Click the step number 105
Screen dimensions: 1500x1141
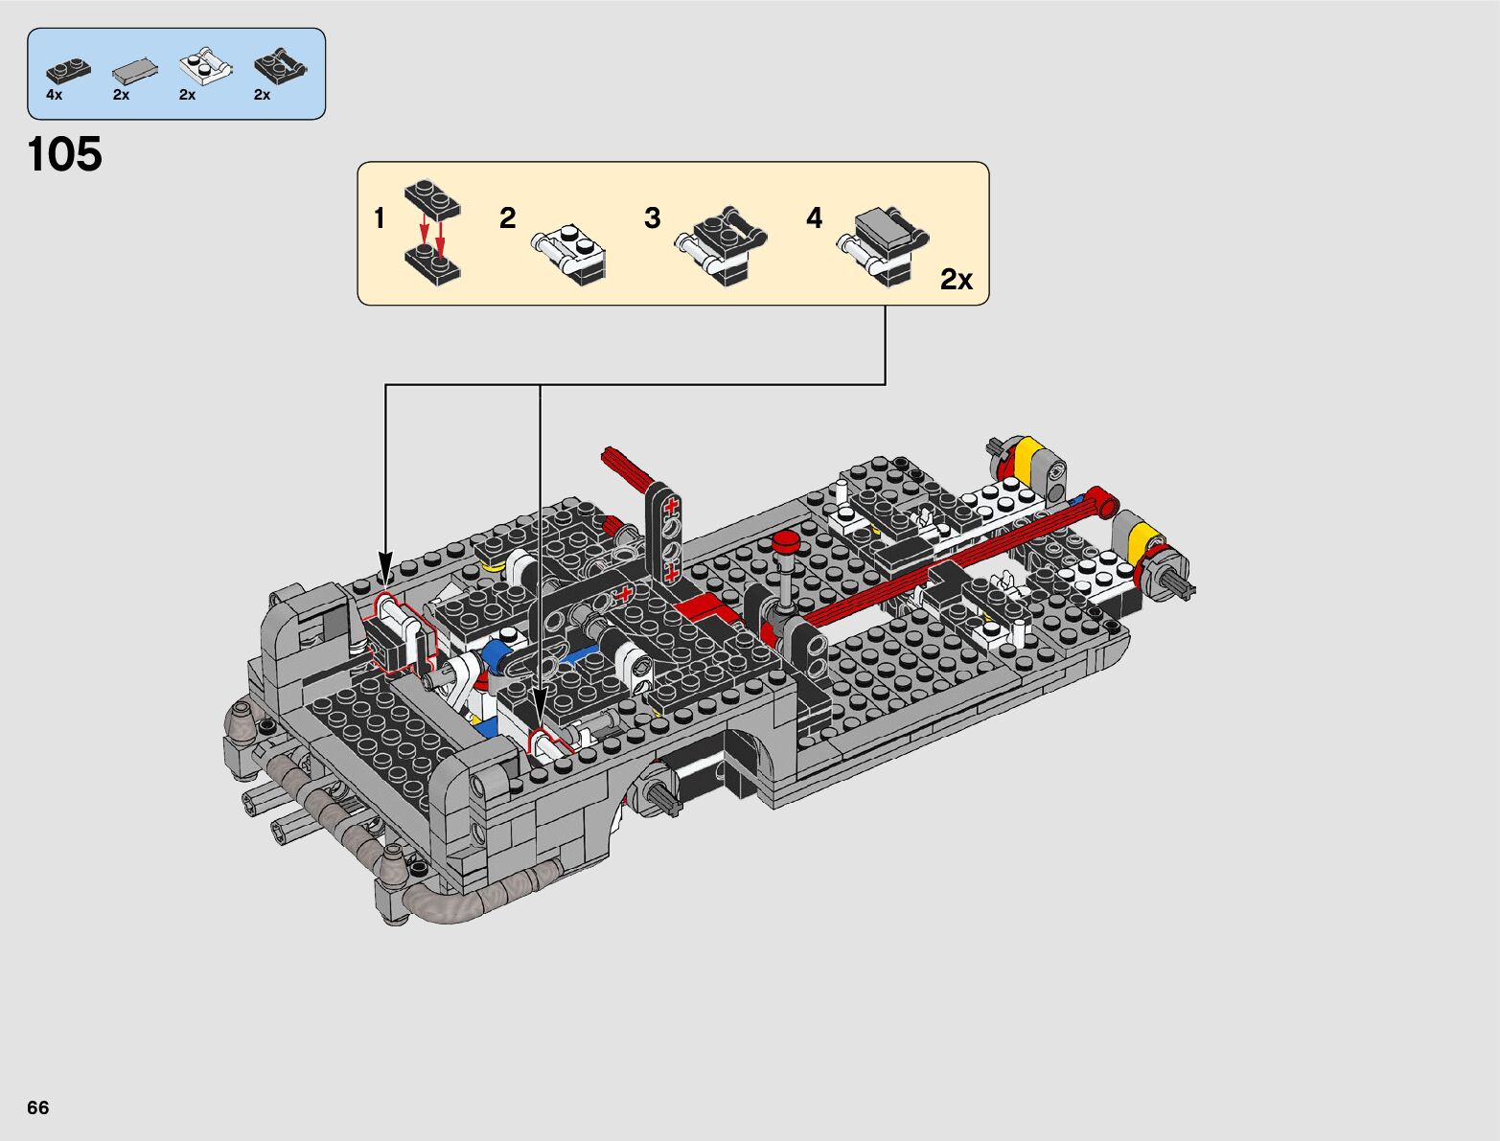(x=65, y=154)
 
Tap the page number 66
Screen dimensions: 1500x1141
(x=38, y=1107)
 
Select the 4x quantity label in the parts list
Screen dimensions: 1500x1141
(x=54, y=95)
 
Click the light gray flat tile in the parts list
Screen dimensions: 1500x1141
(x=134, y=70)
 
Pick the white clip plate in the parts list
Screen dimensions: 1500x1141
(x=206, y=67)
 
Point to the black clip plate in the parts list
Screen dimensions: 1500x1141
(x=280, y=67)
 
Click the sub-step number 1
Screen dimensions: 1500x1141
(x=380, y=218)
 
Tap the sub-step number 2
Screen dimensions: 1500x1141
(x=507, y=218)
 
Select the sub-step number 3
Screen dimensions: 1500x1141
(x=653, y=218)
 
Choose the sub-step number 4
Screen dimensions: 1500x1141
(x=814, y=218)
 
